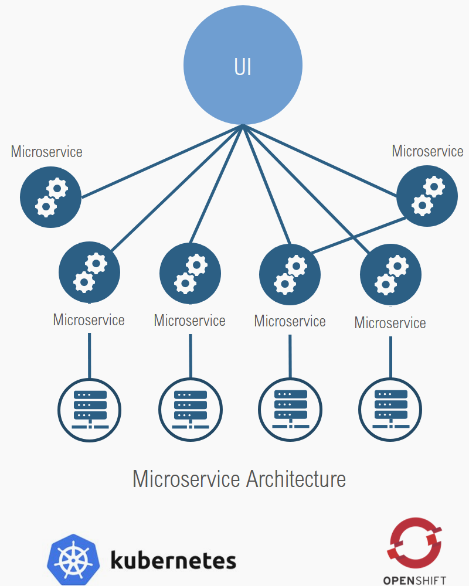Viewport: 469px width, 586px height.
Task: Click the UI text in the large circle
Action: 243,67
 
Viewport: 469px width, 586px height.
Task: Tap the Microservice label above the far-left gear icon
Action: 47,152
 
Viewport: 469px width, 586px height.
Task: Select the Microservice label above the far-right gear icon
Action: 427,151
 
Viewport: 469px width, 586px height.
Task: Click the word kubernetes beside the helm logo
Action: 173,561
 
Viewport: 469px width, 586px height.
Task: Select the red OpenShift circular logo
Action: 414,541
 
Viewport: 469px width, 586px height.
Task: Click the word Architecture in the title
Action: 296,479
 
